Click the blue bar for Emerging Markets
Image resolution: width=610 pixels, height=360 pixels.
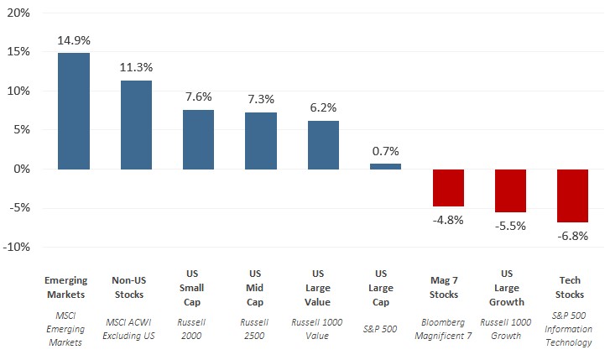pos(73,111)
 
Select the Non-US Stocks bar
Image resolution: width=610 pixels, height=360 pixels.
pos(136,125)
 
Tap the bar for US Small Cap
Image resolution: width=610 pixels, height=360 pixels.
pos(198,139)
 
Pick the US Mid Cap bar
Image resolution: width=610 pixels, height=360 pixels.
pos(260,140)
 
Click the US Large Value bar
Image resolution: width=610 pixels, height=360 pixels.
pos(323,144)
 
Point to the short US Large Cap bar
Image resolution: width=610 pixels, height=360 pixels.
pos(385,166)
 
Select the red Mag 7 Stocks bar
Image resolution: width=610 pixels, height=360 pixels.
pos(448,187)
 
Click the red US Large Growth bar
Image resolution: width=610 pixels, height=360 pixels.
pos(510,190)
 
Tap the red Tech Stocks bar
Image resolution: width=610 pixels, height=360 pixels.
pos(572,196)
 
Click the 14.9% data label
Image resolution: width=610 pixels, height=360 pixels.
pos(73,39)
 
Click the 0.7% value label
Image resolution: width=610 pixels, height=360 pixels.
pos(385,150)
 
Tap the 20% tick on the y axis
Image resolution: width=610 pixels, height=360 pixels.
pos(18,13)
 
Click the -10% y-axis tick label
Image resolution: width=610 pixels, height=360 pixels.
pos(16,247)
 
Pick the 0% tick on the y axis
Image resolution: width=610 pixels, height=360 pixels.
pos(21,169)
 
